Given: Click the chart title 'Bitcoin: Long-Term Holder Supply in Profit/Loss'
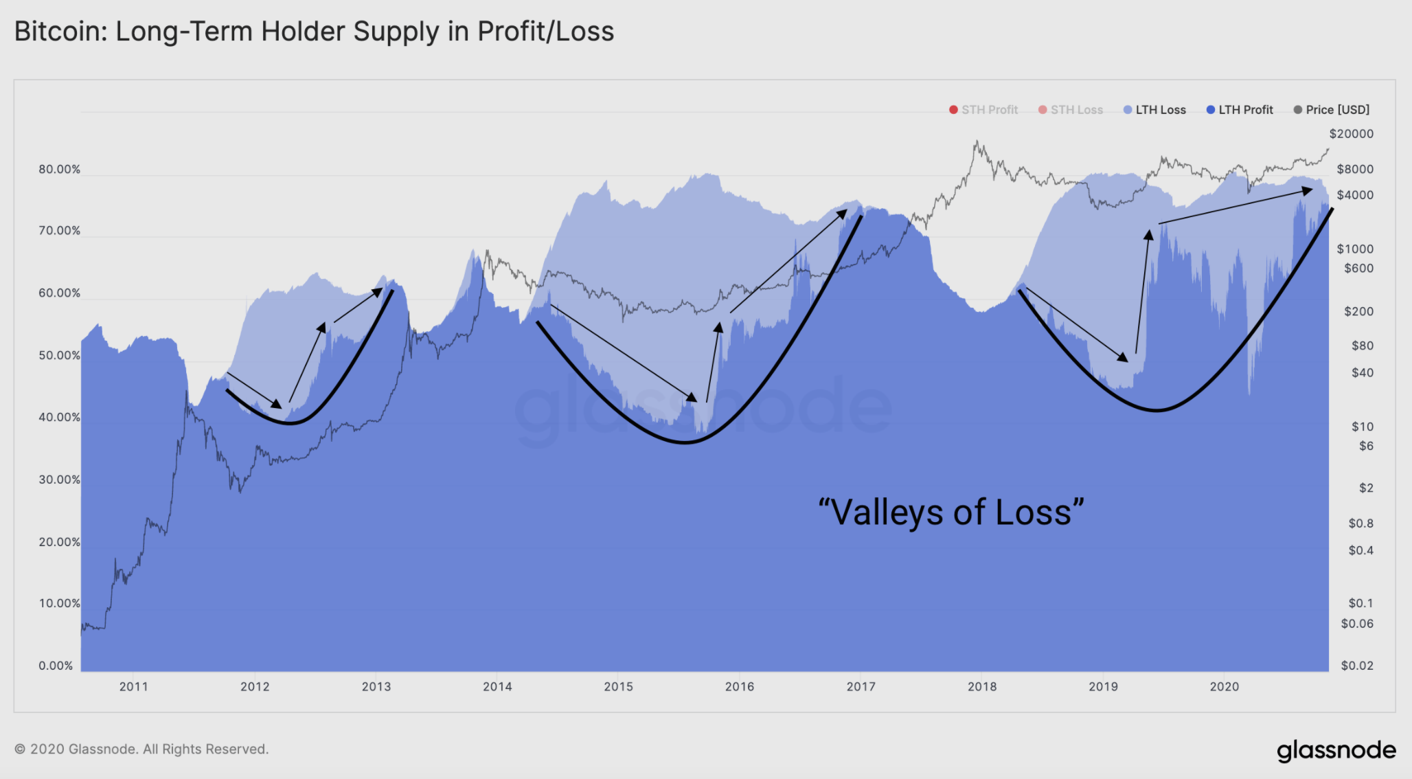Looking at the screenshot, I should coord(314,32).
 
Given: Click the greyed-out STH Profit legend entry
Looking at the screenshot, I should coord(983,110).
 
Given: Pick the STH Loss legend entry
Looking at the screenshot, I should coord(1071,110).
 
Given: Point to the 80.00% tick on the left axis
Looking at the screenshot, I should coord(59,170).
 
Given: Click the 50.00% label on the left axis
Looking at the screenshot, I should coord(59,356).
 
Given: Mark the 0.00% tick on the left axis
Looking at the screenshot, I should coord(56,666).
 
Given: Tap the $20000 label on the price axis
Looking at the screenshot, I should coord(1351,134).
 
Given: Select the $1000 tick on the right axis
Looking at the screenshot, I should coord(1354,249).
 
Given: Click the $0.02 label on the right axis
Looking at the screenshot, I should coord(1357,666).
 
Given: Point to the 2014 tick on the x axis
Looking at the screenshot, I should coord(497,686).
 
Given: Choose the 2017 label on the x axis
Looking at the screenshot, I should coord(861,686).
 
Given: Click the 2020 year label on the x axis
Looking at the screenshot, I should coord(1224,686).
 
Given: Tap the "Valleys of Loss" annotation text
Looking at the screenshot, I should coord(951,512).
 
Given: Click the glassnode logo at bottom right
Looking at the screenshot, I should coord(1336,750).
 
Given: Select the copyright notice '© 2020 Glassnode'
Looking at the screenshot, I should coord(141,749).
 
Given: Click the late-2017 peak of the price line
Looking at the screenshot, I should coord(976,142).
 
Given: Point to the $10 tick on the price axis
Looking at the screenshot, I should coord(1362,427).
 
